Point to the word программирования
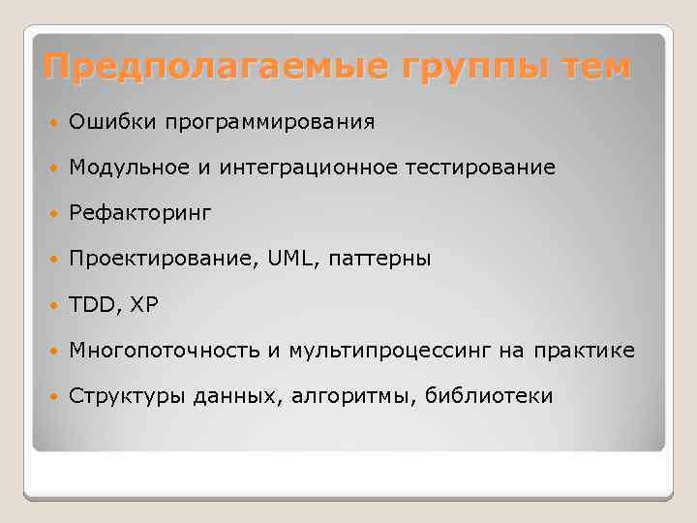(268, 123)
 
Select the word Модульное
(123, 169)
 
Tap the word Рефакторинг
(139, 213)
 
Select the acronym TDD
(90, 304)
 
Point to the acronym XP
(144, 304)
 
